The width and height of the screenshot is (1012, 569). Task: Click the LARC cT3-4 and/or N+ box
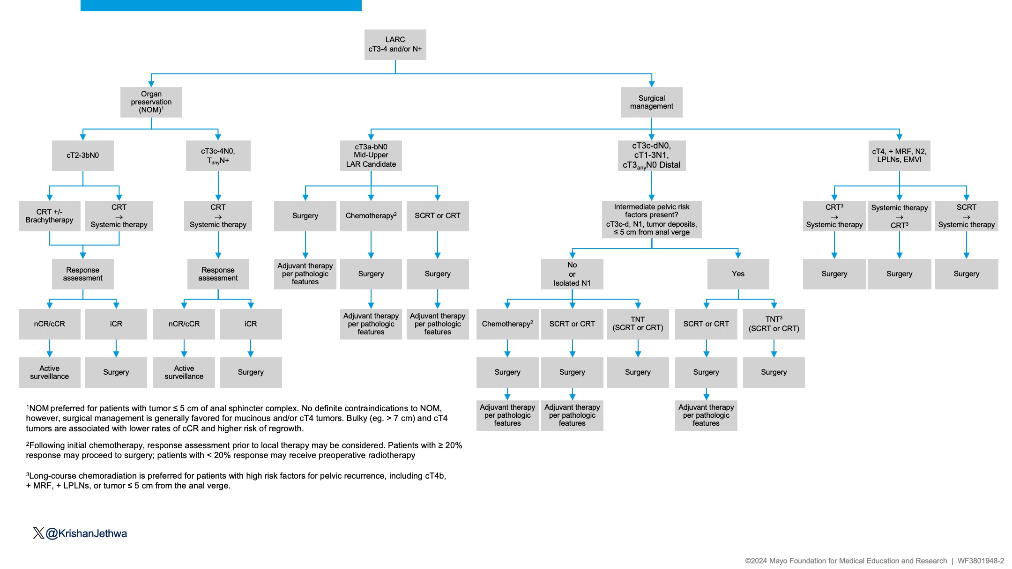(x=395, y=44)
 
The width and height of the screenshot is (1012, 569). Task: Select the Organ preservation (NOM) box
(x=151, y=102)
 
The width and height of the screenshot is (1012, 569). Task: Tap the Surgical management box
(x=651, y=102)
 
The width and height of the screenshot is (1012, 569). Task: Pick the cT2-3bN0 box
(x=82, y=155)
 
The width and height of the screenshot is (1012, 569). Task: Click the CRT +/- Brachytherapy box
(x=49, y=216)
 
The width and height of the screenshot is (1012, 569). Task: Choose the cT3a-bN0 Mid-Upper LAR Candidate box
(x=371, y=155)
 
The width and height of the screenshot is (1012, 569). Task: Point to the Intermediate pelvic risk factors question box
(x=652, y=220)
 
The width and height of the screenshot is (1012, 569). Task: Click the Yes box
(x=738, y=274)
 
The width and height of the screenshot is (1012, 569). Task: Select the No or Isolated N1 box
(x=572, y=274)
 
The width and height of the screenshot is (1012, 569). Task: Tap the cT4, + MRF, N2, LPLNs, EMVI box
(x=899, y=155)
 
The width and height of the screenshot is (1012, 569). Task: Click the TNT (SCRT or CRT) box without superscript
(x=638, y=324)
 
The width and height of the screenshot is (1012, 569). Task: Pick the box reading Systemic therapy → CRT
(x=899, y=216)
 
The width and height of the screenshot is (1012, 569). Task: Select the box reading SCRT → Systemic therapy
(x=967, y=216)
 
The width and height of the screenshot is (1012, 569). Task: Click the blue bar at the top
(x=221, y=6)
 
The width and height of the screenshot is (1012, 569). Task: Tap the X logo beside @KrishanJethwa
(x=38, y=533)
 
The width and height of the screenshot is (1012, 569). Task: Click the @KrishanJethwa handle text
(x=86, y=533)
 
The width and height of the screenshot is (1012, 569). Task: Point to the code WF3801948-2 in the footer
(x=981, y=561)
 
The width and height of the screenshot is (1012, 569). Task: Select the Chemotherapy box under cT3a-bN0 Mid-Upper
(x=371, y=216)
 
